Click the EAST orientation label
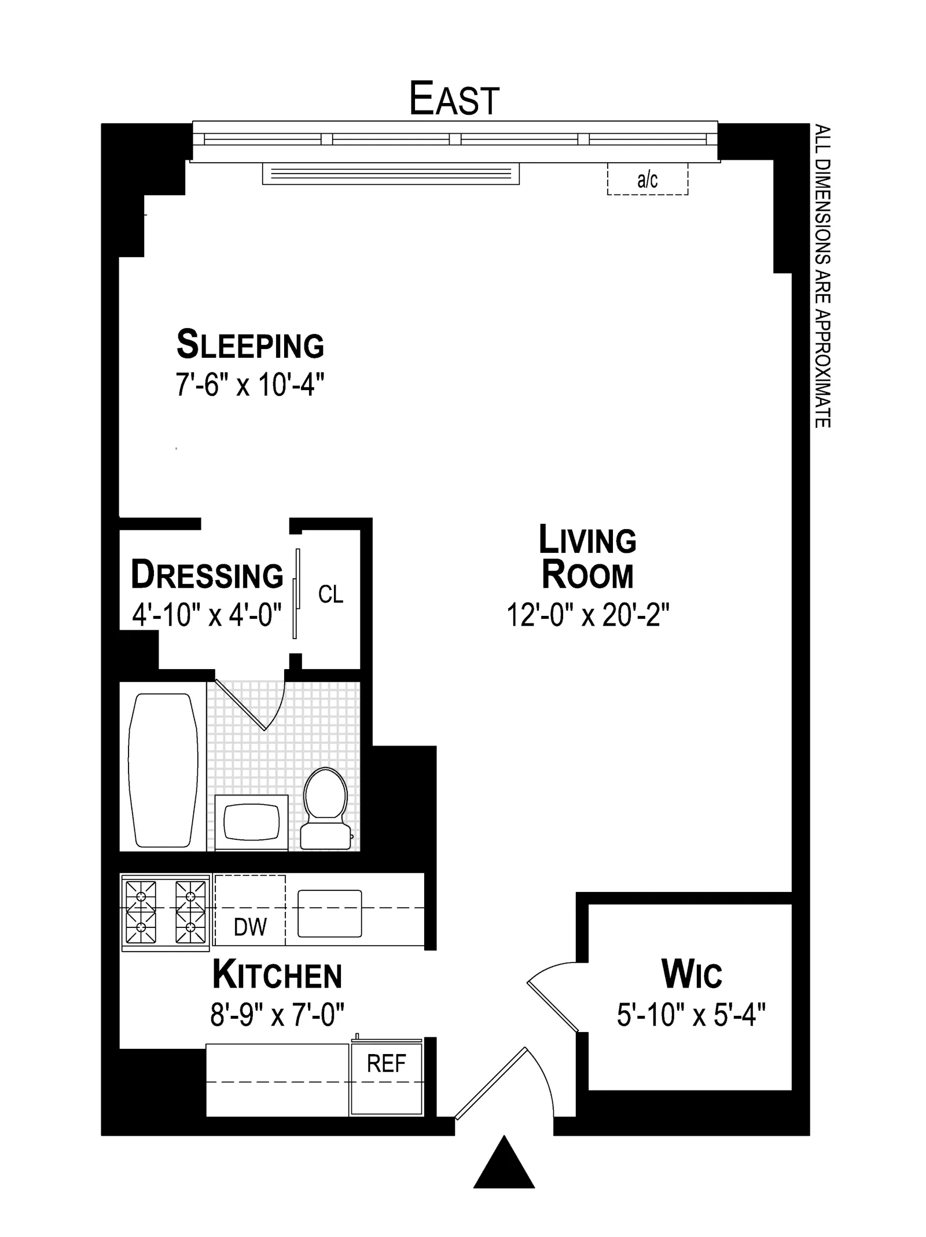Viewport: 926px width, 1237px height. (454, 99)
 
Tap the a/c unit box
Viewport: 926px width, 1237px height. (647, 179)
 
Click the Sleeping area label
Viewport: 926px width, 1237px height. (250, 344)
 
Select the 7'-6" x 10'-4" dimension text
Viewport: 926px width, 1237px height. (250, 384)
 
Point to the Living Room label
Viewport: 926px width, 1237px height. (587, 556)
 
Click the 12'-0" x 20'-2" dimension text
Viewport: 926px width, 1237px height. (587, 615)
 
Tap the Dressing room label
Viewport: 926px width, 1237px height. (207, 575)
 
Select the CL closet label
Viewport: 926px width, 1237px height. (330, 594)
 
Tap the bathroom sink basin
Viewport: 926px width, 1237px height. (251, 822)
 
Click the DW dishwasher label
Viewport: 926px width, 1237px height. (250, 927)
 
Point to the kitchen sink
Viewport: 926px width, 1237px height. (329, 913)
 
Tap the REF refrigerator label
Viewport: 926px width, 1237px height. (386, 1063)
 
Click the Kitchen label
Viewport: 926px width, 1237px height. (277, 975)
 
